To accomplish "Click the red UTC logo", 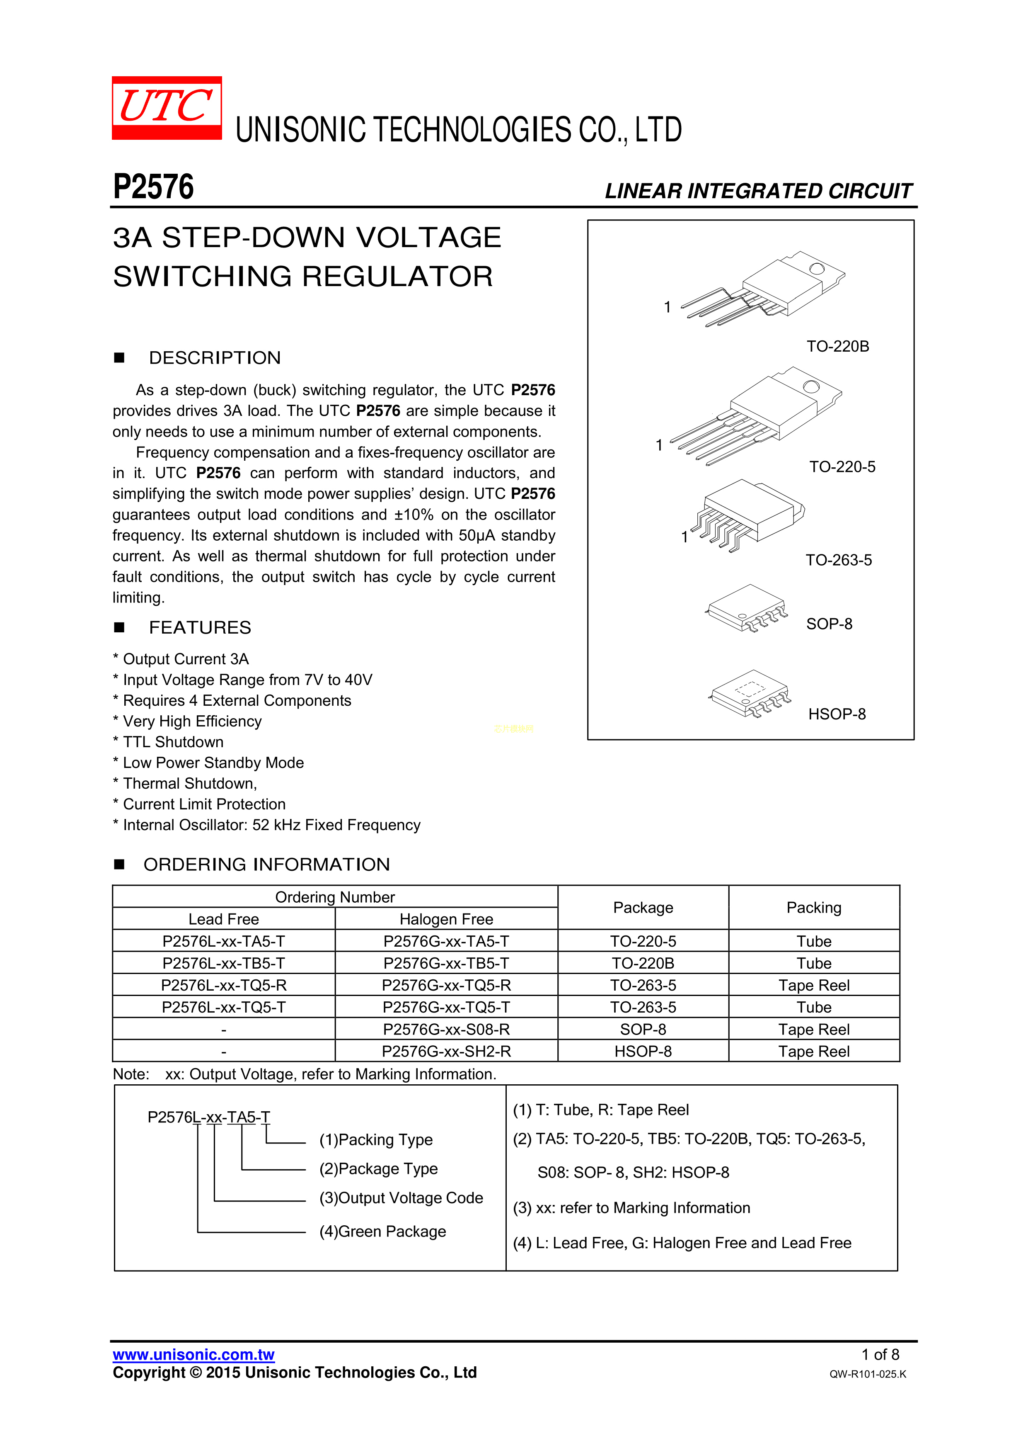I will (x=167, y=108).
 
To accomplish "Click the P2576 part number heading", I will (x=153, y=187).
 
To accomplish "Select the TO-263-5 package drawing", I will (x=750, y=513).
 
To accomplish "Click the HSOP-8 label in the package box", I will (x=837, y=714).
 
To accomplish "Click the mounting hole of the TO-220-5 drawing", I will (x=811, y=387).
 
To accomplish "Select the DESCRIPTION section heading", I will (x=215, y=358).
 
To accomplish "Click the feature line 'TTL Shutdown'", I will (x=173, y=742).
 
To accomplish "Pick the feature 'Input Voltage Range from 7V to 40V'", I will (x=247, y=680).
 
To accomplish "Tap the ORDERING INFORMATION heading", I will (x=267, y=865).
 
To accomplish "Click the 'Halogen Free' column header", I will (x=446, y=919).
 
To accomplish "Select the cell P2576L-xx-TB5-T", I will (x=224, y=963).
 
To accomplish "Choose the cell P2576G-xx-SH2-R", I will (x=446, y=1051).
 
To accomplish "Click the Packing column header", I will (x=814, y=908).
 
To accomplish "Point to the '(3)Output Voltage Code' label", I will (x=401, y=1198).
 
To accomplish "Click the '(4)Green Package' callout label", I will (x=382, y=1232).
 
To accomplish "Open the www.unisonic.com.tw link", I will (x=193, y=1355).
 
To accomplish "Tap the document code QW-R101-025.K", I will (x=867, y=1374).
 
